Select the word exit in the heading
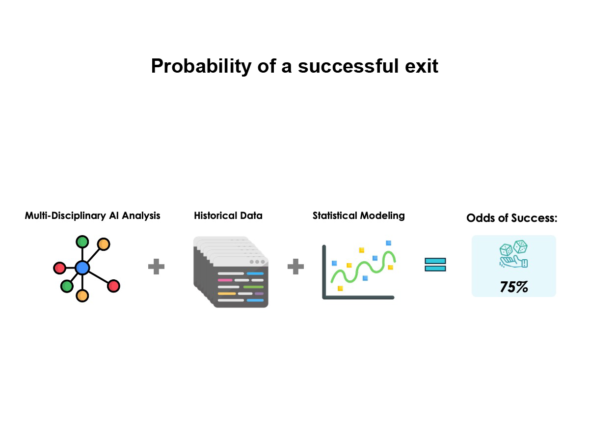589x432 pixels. coord(422,66)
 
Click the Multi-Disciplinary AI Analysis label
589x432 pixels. coord(92,216)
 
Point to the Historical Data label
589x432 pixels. coord(228,216)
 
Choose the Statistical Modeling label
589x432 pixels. coord(359,216)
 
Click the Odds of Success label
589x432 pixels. coord(512,218)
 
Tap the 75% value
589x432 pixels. coord(514,287)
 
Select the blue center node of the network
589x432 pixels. coord(82,268)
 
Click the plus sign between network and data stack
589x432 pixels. coord(156,267)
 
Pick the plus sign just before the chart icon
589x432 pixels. coord(295,267)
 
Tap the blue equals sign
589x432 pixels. coord(435,265)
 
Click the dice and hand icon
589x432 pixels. coord(513,254)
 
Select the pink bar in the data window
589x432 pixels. coord(225,280)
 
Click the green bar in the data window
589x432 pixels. coord(253,287)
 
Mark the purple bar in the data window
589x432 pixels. coord(259,294)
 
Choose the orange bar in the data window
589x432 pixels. coord(227,294)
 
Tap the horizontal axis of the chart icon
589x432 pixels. coord(358,297)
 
